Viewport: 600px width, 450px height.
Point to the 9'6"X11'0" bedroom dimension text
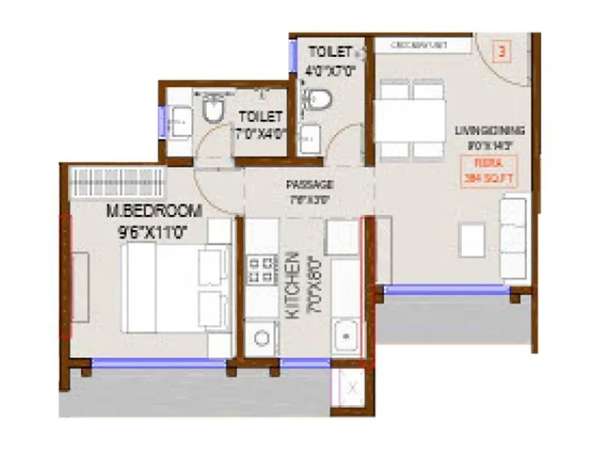point(154,232)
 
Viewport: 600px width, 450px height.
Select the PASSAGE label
point(309,184)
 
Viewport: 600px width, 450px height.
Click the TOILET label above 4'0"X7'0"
point(329,52)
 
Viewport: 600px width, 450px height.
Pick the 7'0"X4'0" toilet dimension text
point(260,135)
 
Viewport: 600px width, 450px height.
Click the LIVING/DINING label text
point(489,130)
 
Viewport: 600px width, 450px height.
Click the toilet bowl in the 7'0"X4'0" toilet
point(213,111)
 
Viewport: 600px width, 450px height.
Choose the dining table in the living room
point(410,120)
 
